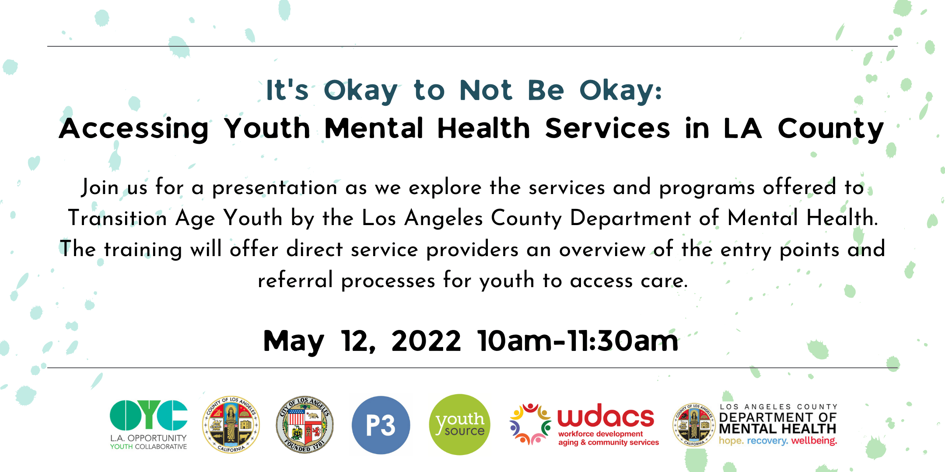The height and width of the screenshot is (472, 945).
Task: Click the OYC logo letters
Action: click(149, 415)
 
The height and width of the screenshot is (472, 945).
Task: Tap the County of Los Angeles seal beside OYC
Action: click(231, 425)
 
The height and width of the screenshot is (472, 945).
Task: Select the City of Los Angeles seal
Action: click(305, 425)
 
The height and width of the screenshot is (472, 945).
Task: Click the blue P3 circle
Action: click(381, 425)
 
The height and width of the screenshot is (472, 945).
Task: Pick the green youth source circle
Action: click(459, 425)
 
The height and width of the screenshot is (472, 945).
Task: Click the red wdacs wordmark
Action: click(606, 416)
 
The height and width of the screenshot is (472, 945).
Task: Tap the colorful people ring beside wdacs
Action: click(530, 424)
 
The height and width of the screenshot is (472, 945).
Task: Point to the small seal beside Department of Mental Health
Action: click(694, 425)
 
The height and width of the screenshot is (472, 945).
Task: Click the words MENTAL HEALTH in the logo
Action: click(777, 429)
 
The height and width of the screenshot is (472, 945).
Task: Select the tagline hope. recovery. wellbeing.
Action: click(778, 441)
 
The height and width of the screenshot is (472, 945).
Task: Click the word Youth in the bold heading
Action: click(267, 128)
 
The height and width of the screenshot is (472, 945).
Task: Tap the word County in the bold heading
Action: click(830, 129)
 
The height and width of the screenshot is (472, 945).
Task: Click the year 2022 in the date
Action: click(426, 341)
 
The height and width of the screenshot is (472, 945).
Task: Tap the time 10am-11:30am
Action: click(578, 341)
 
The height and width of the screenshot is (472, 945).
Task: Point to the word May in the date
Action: click(294, 343)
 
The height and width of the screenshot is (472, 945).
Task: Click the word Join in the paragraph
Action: click(100, 187)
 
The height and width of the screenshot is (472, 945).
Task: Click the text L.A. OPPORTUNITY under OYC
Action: click(148, 438)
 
